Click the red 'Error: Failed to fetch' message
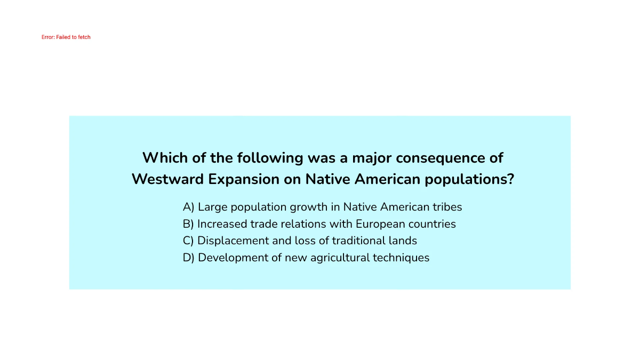click(66, 37)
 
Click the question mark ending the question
click(511, 179)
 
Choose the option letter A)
click(189, 207)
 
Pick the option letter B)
click(188, 224)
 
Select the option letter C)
click(188, 241)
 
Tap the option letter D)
click(189, 258)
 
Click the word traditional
click(358, 241)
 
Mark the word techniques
click(401, 258)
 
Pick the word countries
click(432, 224)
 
